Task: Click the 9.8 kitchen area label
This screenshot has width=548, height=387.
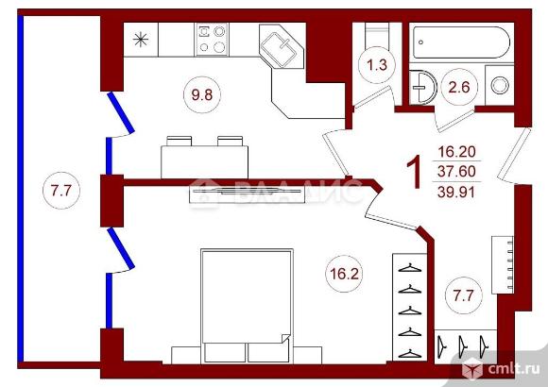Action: pyautogui.click(x=202, y=94)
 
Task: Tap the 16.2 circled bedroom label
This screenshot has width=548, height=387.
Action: pyautogui.click(x=344, y=274)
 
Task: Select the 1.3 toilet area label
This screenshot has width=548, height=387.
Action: pyautogui.click(x=377, y=65)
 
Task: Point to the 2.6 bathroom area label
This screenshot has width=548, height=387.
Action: pyautogui.click(x=458, y=87)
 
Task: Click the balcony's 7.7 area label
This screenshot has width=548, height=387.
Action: pyautogui.click(x=61, y=191)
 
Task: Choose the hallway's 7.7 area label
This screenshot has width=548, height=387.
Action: pyautogui.click(x=463, y=295)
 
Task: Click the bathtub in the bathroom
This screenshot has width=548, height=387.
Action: pyautogui.click(x=461, y=42)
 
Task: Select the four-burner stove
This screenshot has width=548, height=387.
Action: pyautogui.click(x=212, y=39)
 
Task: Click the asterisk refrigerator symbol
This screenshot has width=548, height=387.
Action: pyautogui.click(x=141, y=39)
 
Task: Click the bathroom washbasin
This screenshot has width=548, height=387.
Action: pyautogui.click(x=423, y=88)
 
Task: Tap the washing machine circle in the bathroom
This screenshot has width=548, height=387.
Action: pyautogui.click(x=500, y=85)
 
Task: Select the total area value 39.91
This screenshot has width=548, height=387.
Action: pyautogui.click(x=456, y=193)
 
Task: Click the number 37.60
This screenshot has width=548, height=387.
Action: pyautogui.click(x=456, y=172)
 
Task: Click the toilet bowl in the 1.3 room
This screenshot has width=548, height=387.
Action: pyautogui.click(x=376, y=34)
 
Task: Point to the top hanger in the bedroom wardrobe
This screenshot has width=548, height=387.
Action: pyautogui.click(x=410, y=268)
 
